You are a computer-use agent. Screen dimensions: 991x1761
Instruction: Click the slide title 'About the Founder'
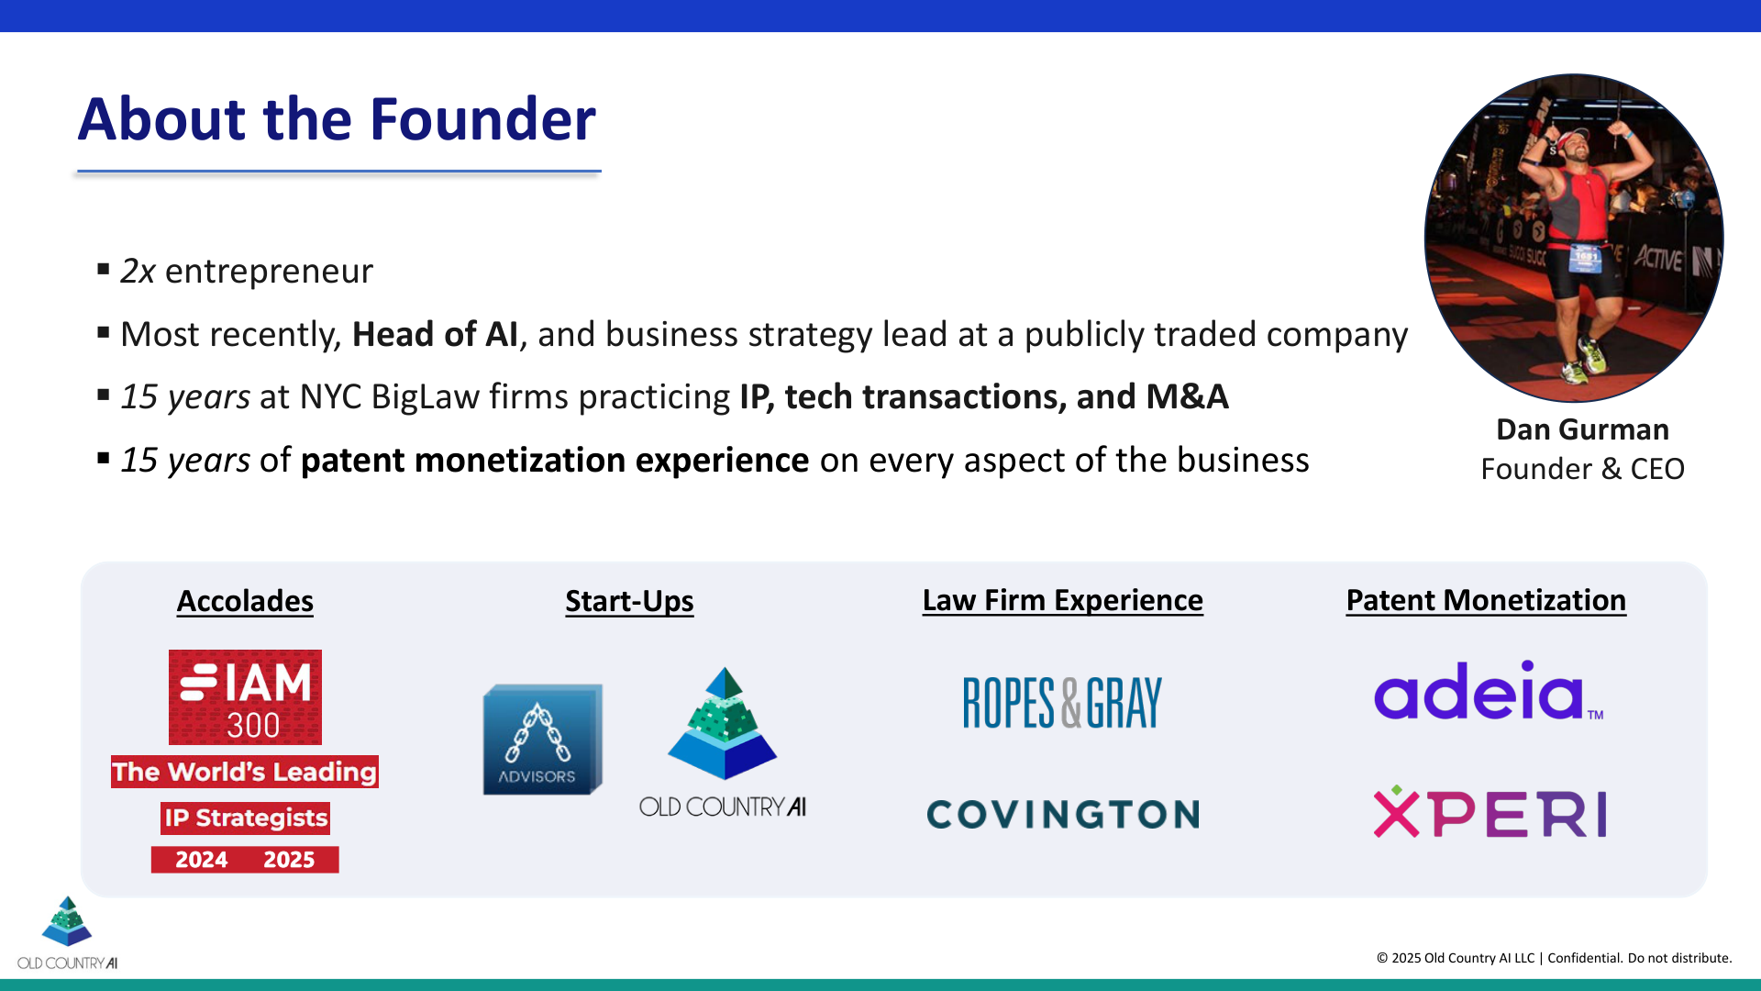(337, 119)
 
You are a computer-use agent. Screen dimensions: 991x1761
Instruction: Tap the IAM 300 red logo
(245, 696)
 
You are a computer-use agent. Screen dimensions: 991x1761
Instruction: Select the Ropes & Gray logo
(1062, 703)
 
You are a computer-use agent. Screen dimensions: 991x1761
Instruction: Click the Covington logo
(1063, 814)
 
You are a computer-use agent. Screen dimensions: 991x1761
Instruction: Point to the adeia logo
(1487, 691)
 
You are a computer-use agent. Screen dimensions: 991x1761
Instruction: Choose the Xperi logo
(1490, 813)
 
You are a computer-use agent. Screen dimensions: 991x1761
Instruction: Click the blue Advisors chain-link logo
(542, 739)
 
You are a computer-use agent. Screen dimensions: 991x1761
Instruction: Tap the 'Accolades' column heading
(245, 601)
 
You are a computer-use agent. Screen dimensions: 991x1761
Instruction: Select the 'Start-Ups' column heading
(629, 601)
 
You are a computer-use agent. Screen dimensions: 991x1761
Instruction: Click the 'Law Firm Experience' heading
(1062, 600)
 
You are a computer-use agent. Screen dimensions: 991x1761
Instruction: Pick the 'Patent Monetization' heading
(1486, 600)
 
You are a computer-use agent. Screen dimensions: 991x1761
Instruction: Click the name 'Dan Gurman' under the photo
(1582, 429)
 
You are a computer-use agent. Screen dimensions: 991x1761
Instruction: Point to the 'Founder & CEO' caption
(1582, 469)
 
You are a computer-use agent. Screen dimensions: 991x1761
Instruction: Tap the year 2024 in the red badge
(202, 860)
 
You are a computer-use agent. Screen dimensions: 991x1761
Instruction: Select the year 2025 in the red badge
(289, 860)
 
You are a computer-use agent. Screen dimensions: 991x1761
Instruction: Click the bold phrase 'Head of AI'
(435, 335)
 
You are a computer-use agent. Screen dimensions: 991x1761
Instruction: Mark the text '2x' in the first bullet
(138, 272)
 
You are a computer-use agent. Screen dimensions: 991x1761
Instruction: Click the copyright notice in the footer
(1554, 958)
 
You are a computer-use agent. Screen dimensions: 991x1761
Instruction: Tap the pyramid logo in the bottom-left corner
(67, 922)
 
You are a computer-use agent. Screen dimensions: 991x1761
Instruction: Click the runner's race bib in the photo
(1586, 258)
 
